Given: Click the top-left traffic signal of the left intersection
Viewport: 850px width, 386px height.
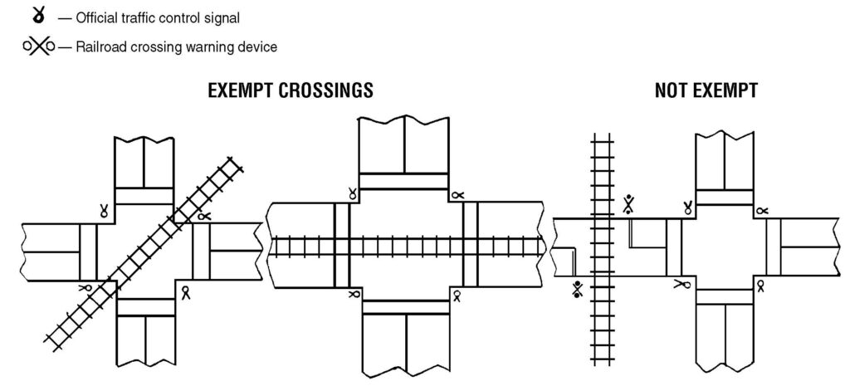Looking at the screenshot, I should pos(105,210).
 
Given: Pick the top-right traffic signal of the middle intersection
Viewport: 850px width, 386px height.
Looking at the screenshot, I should pos(457,195).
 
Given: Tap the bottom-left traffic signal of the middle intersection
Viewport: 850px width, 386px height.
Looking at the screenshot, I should pos(354,294).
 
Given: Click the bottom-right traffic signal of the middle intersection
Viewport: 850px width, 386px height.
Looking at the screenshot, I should pos(456,294).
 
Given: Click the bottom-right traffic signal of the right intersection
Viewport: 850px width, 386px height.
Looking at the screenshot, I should pos(760,285).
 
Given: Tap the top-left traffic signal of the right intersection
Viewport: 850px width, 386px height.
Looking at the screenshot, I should pos(687,208).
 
